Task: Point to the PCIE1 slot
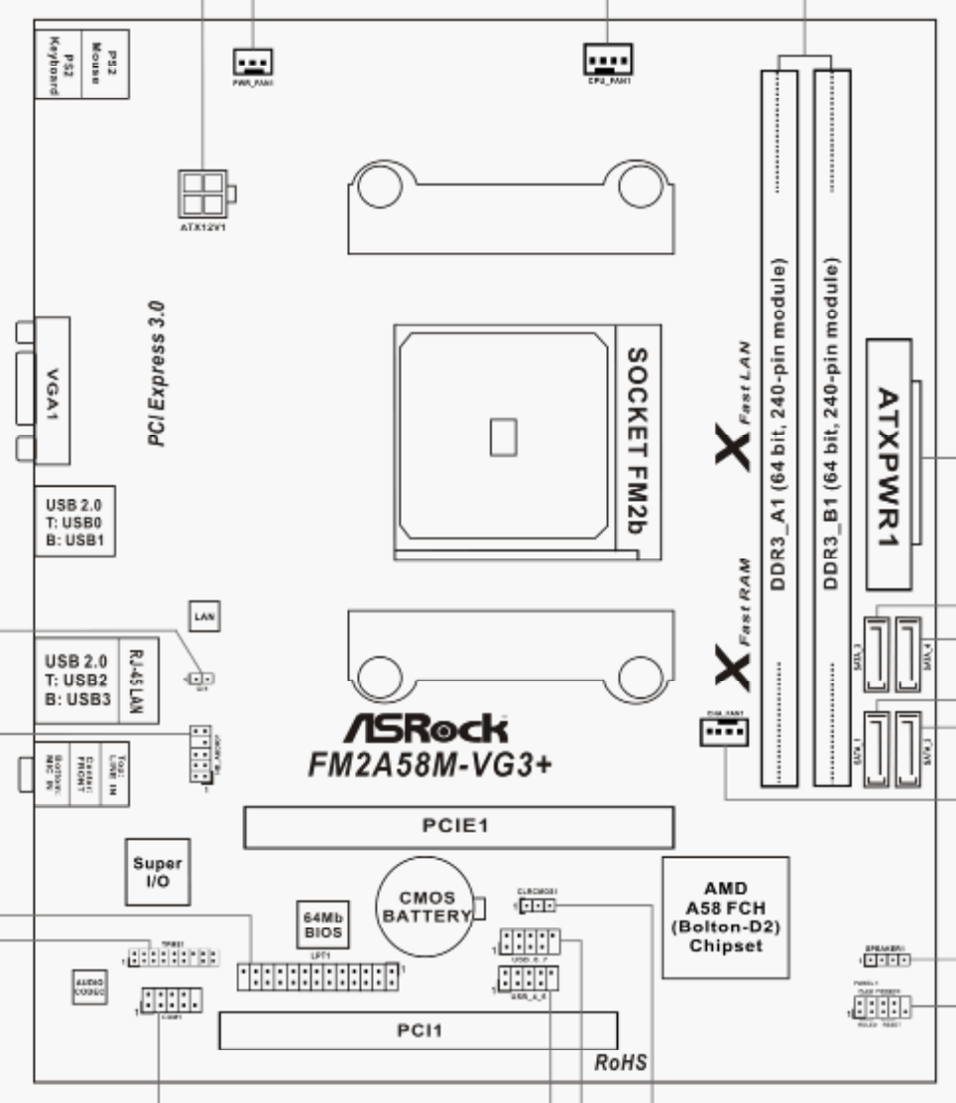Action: coord(459,826)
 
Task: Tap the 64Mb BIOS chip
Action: coord(324,923)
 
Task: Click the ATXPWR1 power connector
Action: coord(890,465)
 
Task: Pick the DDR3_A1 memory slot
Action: coord(788,429)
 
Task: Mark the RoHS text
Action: coord(619,1064)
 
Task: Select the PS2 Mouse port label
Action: coord(94,61)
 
